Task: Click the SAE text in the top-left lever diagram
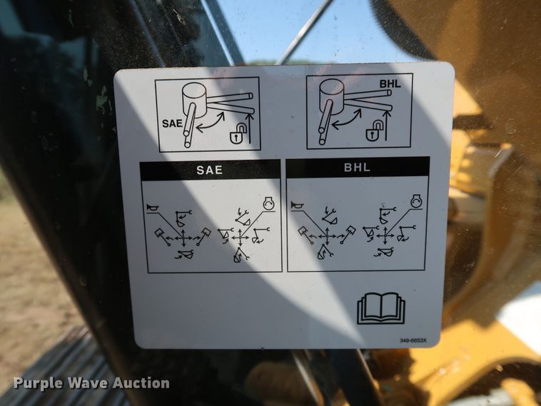173,122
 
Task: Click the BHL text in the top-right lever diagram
390,83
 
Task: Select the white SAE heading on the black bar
209,171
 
